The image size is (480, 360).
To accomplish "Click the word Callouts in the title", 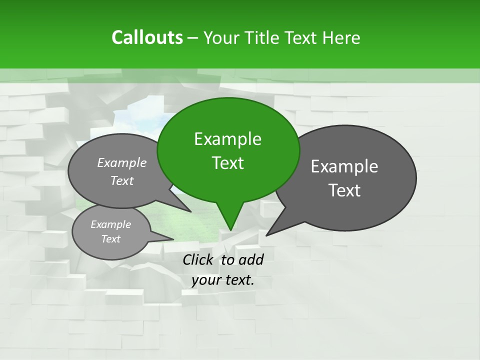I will tap(147, 37).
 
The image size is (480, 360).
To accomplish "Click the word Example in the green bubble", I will tap(227, 139).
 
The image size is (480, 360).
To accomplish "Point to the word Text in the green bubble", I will tap(227, 163).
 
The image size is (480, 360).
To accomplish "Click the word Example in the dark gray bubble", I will tap(344, 166).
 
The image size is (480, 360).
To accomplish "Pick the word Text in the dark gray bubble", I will tap(344, 190).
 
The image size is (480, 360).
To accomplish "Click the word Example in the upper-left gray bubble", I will tap(122, 163).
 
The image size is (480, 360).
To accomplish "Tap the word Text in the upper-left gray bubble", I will tap(122, 181).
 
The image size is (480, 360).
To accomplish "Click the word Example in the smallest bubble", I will tap(111, 225).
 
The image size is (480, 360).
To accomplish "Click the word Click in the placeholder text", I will tap(198, 259).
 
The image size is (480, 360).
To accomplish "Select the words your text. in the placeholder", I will tap(223, 280).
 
